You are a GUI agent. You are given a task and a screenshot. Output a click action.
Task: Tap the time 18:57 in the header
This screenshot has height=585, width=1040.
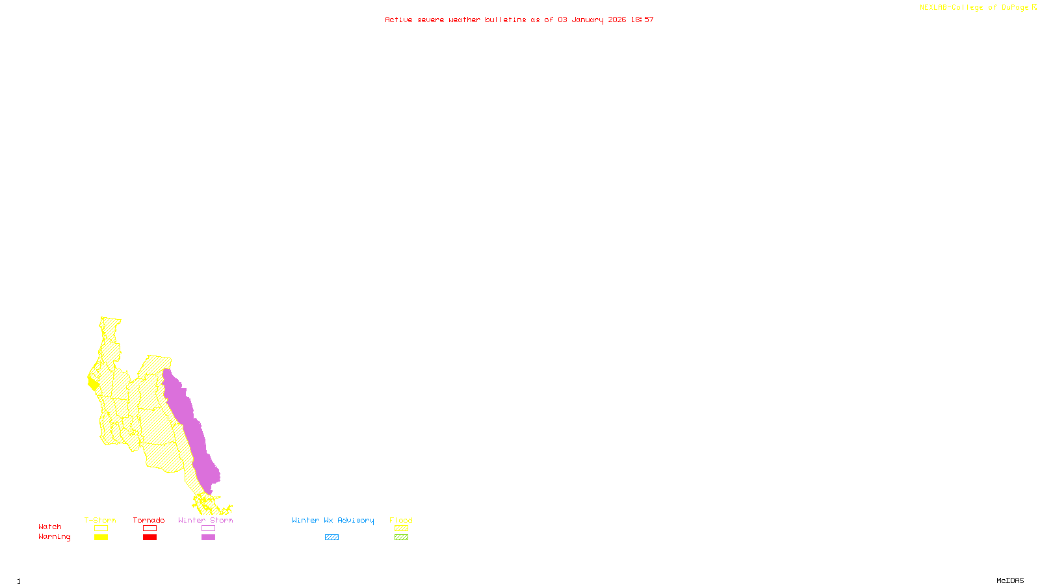click(x=642, y=19)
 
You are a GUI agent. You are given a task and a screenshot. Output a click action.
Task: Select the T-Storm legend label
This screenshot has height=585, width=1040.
click(x=100, y=520)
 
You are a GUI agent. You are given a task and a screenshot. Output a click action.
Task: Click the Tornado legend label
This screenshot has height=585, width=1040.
click(x=149, y=520)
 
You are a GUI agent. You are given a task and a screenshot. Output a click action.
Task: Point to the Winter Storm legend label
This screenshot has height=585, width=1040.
click(x=205, y=520)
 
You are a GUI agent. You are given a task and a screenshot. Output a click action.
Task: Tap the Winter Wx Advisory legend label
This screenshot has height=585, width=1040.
click(x=333, y=520)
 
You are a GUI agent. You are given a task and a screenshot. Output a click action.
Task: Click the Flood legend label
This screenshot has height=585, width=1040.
click(x=401, y=520)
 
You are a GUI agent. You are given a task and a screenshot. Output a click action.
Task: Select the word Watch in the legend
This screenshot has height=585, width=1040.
click(x=50, y=526)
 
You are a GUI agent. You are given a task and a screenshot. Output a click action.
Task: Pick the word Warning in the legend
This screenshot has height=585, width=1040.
click(x=55, y=537)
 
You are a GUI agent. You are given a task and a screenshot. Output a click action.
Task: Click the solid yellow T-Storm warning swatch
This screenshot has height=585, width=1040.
click(x=101, y=538)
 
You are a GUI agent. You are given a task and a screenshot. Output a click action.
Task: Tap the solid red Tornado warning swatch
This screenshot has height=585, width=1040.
click(x=149, y=538)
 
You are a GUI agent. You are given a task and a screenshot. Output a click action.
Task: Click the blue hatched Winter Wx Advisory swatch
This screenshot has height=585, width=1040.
click(x=331, y=538)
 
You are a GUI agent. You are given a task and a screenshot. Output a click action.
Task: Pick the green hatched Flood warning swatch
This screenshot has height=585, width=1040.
click(x=401, y=538)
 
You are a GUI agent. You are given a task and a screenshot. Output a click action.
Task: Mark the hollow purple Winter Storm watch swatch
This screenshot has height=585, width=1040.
click(x=208, y=528)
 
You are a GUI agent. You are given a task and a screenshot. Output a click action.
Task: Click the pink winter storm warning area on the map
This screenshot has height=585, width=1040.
click(x=192, y=429)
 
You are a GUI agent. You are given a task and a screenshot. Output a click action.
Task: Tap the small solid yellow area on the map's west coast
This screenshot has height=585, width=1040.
click(x=93, y=383)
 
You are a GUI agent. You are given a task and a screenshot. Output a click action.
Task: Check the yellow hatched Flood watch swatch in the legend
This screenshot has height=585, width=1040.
click(x=401, y=528)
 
